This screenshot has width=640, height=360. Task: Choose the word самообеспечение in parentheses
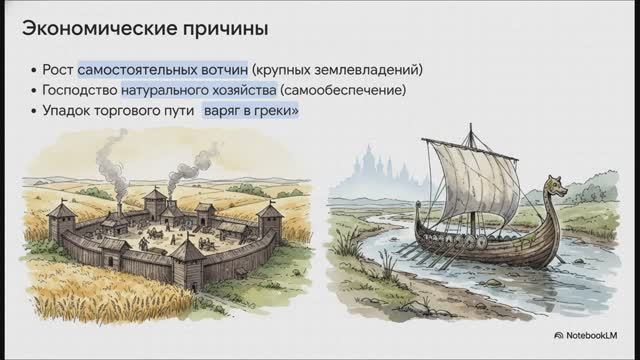(x=343, y=92)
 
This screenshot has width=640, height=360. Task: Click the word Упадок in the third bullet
(x=68, y=114)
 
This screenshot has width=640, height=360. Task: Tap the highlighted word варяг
(x=225, y=114)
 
